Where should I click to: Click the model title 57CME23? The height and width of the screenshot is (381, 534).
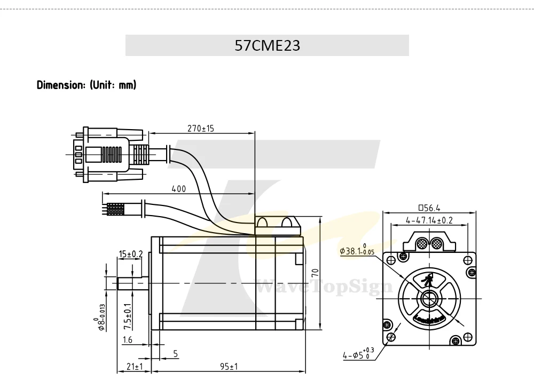pyautogui.click(x=268, y=45)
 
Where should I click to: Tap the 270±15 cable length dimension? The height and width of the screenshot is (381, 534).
pyautogui.click(x=201, y=128)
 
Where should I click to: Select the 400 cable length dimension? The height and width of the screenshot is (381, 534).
pyautogui.click(x=179, y=188)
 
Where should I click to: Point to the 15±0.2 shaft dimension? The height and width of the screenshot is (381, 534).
pyautogui.click(x=131, y=254)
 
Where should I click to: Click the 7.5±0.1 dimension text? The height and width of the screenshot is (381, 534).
pyautogui.click(x=128, y=316)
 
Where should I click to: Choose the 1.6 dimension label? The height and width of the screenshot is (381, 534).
pyautogui.click(x=128, y=339)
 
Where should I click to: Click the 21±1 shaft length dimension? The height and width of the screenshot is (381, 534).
pyautogui.click(x=135, y=367)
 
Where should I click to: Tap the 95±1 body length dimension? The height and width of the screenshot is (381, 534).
pyautogui.click(x=229, y=367)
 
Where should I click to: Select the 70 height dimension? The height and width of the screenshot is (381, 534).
pyautogui.click(x=316, y=273)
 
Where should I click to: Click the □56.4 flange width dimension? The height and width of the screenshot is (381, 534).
pyautogui.click(x=429, y=208)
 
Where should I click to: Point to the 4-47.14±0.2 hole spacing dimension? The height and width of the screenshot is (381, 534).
pyautogui.click(x=429, y=220)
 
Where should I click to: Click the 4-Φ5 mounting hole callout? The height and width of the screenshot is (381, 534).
pyautogui.click(x=358, y=354)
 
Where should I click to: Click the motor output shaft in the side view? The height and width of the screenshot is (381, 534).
pyautogui.click(x=133, y=283)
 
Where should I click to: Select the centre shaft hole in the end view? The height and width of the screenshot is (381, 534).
pyautogui.click(x=429, y=298)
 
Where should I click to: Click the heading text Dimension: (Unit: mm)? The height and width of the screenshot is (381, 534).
pyautogui.click(x=87, y=85)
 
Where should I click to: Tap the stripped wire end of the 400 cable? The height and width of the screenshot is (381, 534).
pyautogui.click(x=116, y=209)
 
